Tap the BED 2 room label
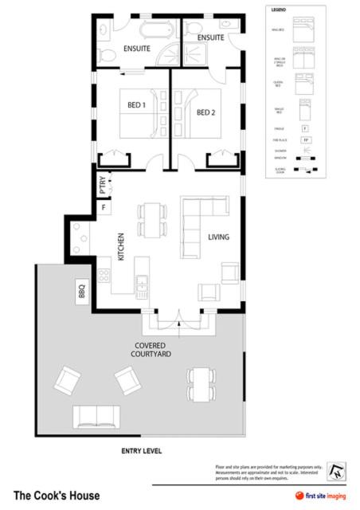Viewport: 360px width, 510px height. pyautogui.click(x=206, y=112)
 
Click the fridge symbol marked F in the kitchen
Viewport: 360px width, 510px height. pyautogui.click(x=103, y=209)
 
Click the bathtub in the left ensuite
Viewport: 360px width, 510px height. pyautogui.click(x=153, y=31)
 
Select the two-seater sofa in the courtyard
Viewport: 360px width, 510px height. pyautogui.click(x=96, y=417)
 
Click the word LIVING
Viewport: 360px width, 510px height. pyautogui.click(x=219, y=237)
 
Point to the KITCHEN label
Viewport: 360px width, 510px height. pyautogui.click(x=121, y=247)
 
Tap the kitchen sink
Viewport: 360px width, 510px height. pyautogui.click(x=143, y=284)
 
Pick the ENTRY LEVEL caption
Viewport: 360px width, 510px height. pyautogui.click(x=142, y=451)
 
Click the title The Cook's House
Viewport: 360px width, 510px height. pyautogui.click(x=57, y=495)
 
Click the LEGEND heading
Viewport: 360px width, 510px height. pyautogui.click(x=279, y=11)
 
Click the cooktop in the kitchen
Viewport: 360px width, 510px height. pyautogui.click(x=81, y=232)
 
